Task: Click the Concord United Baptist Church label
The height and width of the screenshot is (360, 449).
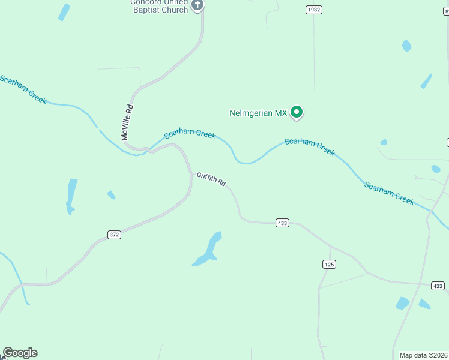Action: click(x=159, y=6)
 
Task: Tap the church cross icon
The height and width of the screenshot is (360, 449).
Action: click(x=198, y=5)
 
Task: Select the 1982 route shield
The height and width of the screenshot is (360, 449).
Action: click(x=313, y=10)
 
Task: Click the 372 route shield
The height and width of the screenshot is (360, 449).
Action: click(x=115, y=235)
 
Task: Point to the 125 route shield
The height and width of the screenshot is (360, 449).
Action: click(x=328, y=264)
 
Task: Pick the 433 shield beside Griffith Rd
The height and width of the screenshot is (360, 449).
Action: click(x=283, y=223)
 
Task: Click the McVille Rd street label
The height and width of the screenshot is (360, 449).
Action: click(x=127, y=123)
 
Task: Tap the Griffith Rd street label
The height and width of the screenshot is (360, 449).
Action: click(x=211, y=179)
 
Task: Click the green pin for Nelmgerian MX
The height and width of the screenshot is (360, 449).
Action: click(x=297, y=112)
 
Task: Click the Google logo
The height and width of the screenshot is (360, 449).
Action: click(x=20, y=353)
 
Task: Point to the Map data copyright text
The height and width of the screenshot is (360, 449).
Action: click(x=423, y=355)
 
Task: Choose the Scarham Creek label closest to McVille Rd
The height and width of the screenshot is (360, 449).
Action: click(x=190, y=133)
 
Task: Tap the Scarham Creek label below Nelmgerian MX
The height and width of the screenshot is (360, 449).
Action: click(x=309, y=146)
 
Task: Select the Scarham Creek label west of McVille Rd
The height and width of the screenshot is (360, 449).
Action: click(x=23, y=89)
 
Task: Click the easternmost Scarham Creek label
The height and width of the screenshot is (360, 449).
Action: click(x=389, y=193)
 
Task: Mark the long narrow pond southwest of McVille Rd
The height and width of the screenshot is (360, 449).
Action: click(x=71, y=196)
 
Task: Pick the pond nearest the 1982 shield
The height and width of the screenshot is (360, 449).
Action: click(x=406, y=46)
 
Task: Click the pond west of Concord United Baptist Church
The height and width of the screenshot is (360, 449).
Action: click(x=64, y=12)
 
